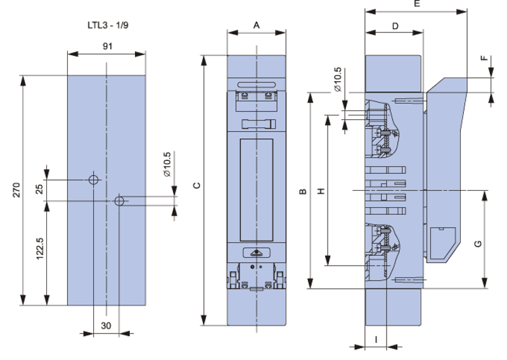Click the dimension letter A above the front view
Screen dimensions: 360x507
point(256,26)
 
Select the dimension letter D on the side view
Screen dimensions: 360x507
point(394,26)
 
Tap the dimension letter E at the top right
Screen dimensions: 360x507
point(416,4)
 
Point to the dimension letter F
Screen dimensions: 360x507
point(485,59)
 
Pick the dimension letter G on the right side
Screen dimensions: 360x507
point(478,243)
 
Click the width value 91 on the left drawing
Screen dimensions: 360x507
point(107,46)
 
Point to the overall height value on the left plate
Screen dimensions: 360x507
point(15,190)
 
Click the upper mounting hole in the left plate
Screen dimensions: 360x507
point(94,180)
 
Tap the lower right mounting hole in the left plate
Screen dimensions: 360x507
point(119,201)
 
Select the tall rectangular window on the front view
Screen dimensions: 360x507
point(256,190)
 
